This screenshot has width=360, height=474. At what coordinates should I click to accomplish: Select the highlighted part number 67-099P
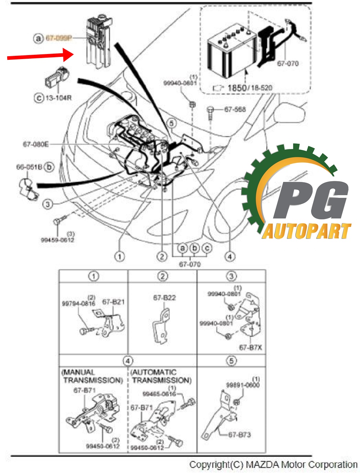click(58, 38)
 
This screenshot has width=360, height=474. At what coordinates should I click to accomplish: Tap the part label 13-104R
click(58, 98)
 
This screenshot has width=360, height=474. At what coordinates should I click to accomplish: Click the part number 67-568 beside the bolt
click(235, 109)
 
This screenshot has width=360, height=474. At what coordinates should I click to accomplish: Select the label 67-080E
click(36, 144)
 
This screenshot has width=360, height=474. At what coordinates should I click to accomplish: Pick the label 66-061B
click(29, 167)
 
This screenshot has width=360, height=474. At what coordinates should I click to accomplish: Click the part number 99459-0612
click(57, 240)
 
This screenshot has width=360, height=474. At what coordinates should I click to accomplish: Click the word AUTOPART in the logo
click(306, 232)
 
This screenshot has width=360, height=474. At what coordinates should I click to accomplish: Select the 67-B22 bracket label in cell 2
click(165, 298)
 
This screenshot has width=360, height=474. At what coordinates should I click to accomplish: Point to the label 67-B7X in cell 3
click(251, 348)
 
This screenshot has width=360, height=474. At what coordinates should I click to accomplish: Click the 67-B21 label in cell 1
click(113, 302)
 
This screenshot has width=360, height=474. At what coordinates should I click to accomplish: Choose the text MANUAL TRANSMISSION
click(93, 376)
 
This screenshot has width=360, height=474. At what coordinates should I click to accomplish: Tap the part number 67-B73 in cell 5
click(239, 435)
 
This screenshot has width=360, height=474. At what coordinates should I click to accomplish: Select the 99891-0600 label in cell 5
click(243, 385)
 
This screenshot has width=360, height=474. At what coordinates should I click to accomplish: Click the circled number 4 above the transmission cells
click(128, 361)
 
